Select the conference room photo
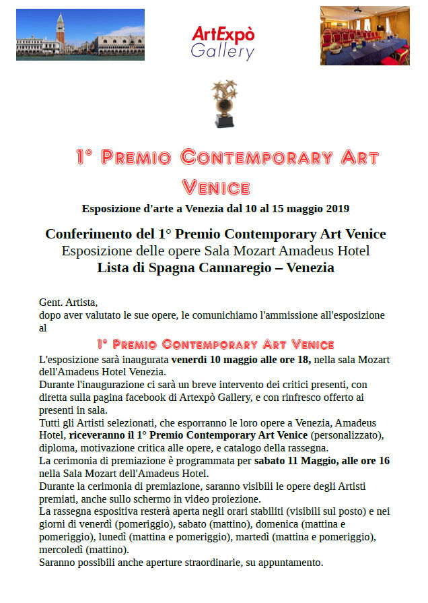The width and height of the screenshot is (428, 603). [364, 36]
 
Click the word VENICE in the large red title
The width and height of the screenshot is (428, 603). [216, 187]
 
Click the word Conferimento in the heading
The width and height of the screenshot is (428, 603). [85, 234]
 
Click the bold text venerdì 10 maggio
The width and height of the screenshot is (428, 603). [223, 360]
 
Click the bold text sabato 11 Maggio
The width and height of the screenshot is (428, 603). [293, 461]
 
